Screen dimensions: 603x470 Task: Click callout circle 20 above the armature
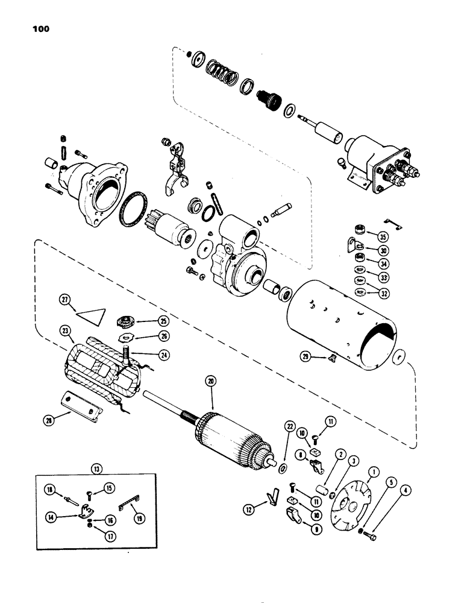210,380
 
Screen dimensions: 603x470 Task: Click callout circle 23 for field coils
65,330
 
